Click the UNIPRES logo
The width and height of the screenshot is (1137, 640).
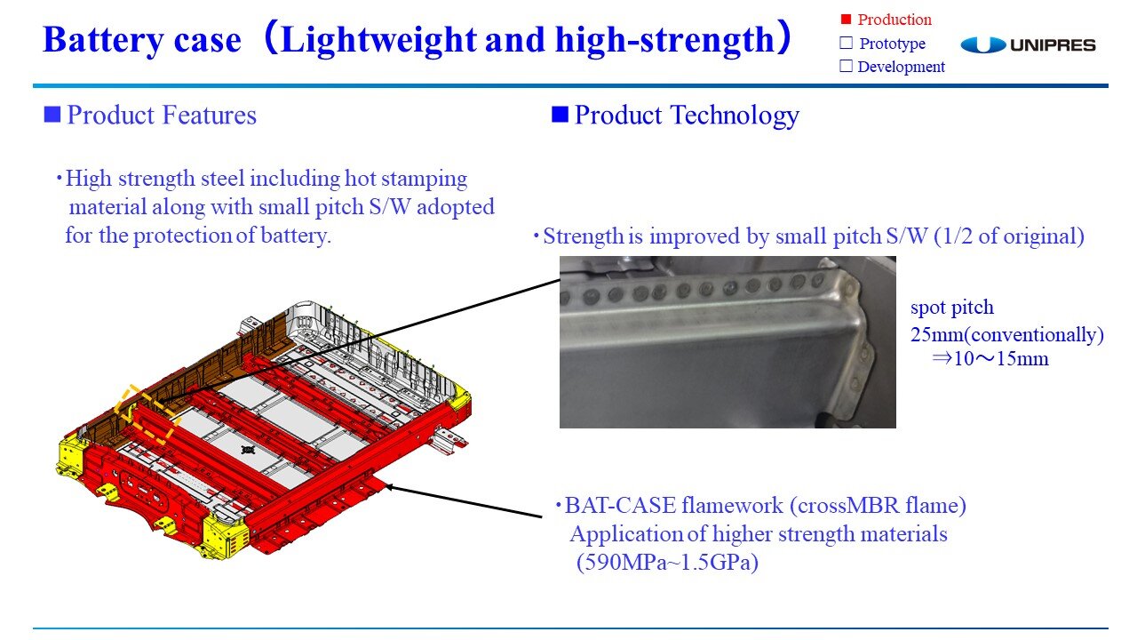[x=1028, y=44]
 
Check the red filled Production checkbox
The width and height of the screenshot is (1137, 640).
[x=846, y=20]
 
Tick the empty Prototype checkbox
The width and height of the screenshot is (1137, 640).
[x=847, y=43]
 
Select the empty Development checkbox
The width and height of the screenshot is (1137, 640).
[x=847, y=66]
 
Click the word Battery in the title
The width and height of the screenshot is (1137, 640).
[x=104, y=40]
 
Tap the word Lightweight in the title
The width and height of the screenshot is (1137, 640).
[x=378, y=40]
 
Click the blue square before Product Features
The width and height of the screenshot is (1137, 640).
[x=52, y=115]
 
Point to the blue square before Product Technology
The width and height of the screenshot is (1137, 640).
[x=560, y=115]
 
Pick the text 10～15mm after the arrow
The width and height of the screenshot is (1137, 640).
[x=1001, y=359]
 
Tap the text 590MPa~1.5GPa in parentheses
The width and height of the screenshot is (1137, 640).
[x=667, y=563]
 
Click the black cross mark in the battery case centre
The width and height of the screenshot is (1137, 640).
[x=248, y=450]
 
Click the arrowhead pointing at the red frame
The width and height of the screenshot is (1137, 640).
[x=389, y=487]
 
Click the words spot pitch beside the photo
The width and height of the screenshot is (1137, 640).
[x=952, y=308]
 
